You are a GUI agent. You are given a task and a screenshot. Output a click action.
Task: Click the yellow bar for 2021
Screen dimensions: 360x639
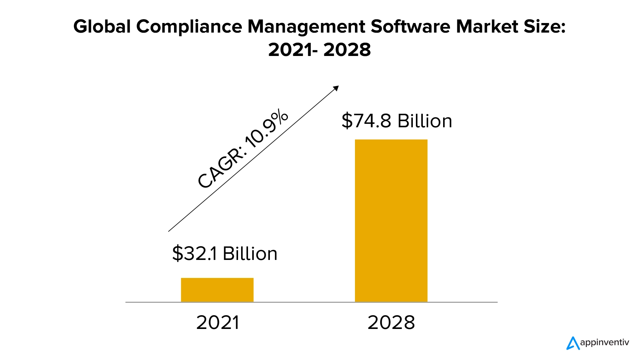[217, 289]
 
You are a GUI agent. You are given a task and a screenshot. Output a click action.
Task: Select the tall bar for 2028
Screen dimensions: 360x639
[391, 220]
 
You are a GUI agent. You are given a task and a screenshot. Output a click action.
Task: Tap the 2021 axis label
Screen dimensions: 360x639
[218, 322]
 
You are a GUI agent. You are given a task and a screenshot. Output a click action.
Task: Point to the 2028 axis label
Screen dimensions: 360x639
[391, 322]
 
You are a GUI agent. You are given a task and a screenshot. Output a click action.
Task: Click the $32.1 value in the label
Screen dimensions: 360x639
[195, 254]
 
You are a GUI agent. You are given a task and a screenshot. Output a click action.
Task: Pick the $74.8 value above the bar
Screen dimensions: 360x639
[366, 121]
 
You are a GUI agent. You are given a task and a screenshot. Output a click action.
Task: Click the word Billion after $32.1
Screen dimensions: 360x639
[250, 254]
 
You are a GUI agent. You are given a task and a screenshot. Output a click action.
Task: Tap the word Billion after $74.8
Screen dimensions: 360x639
[425, 121]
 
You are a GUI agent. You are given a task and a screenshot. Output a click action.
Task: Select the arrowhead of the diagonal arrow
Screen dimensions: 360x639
[336, 88]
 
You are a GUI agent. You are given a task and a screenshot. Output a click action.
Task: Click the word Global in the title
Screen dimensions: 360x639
[102, 27]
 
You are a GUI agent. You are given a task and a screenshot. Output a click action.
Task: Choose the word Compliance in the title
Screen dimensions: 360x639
[189, 27]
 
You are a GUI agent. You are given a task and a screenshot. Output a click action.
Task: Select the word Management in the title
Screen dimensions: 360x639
[306, 27]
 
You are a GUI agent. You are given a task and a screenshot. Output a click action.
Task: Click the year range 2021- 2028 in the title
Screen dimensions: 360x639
[319, 50]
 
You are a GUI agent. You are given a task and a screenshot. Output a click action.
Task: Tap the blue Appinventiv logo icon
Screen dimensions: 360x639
[573, 343]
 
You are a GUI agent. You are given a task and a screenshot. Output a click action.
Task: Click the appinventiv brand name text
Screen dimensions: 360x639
[605, 342]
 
